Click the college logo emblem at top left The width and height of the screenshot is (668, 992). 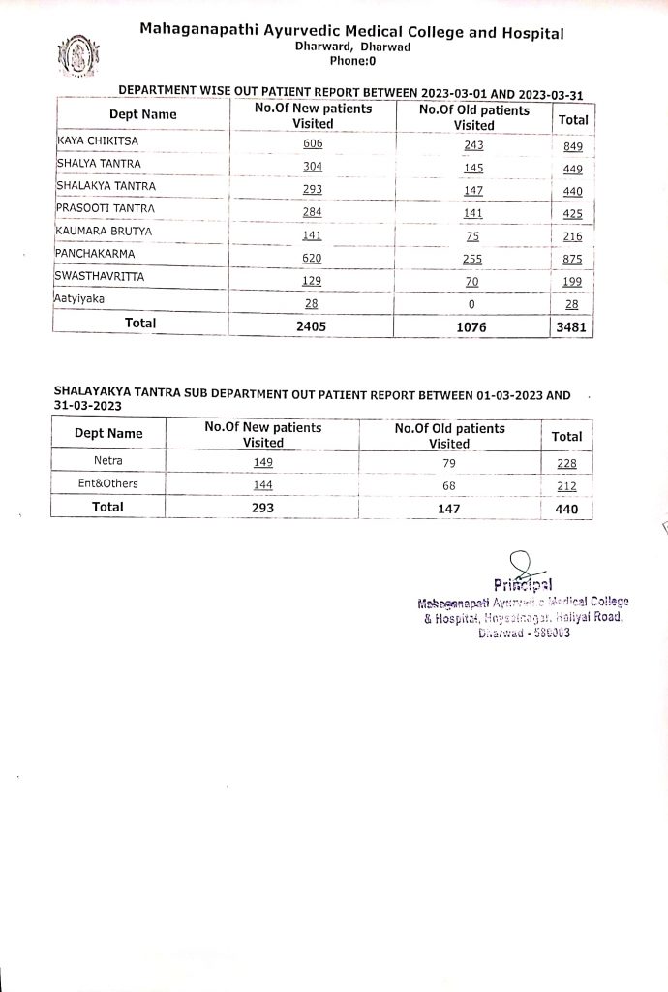(x=76, y=57)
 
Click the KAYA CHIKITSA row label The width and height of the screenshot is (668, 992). (x=99, y=141)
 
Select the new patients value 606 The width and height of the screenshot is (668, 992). (x=312, y=143)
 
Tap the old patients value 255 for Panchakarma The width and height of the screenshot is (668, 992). (x=473, y=258)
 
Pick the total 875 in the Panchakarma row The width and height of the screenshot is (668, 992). (x=572, y=259)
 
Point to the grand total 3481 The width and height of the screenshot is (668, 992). (x=572, y=327)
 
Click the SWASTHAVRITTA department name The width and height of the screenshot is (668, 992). (x=100, y=276)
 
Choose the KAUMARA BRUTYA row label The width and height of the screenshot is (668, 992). (x=105, y=231)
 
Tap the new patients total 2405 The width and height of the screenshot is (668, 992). (x=312, y=327)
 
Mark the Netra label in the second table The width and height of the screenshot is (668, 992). (x=107, y=461)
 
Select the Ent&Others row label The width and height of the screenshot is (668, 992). (x=107, y=483)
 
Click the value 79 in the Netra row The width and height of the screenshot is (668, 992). (x=448, y=462)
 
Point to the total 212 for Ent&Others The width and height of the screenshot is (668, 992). (x=566, y=485)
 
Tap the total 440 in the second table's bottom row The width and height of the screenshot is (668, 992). (x=566, y=508)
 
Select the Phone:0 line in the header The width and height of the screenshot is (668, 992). (x=352, y=60)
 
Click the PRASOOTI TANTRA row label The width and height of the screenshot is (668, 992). (x=106, y=208)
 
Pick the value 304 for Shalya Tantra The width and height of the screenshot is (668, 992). (x=312, y=167)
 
